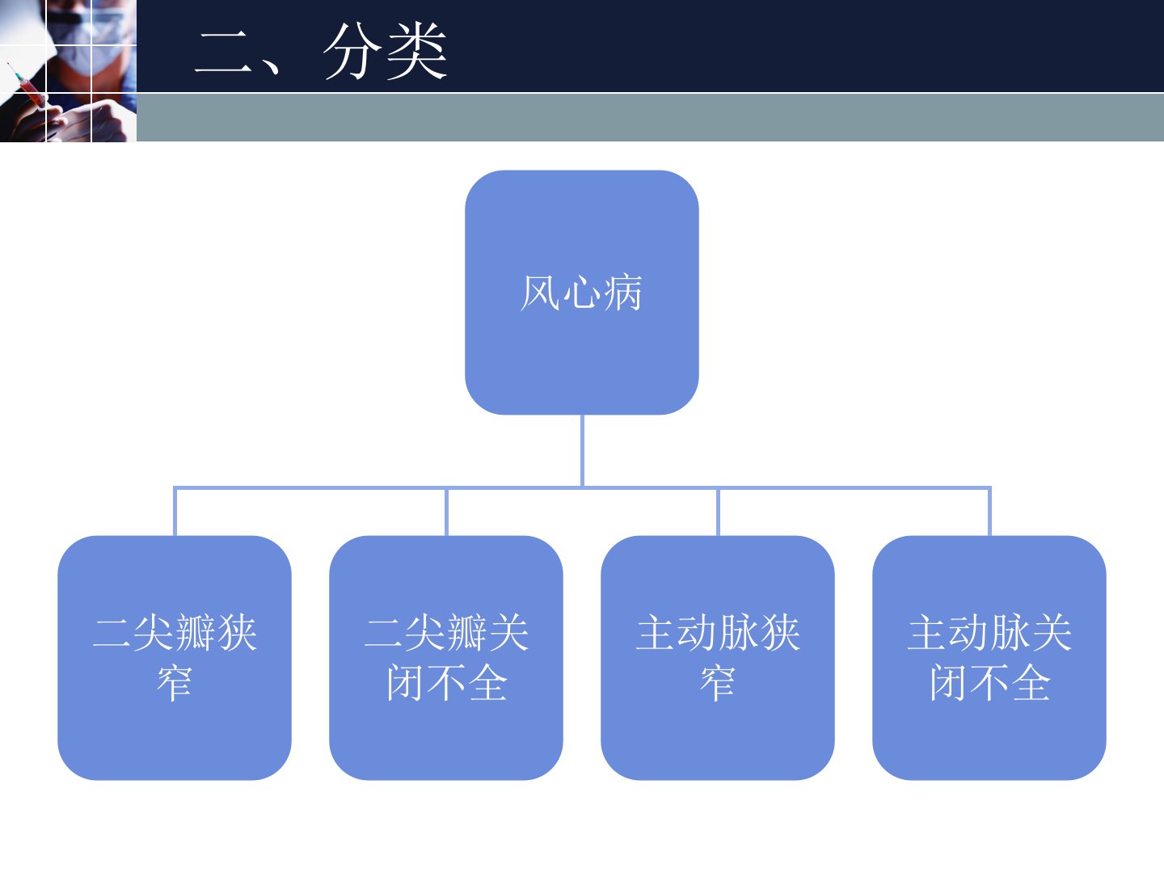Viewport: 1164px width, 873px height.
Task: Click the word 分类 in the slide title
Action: tap(386, 51)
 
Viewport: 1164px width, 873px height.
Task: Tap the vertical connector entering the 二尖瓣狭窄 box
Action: tap(175, 512)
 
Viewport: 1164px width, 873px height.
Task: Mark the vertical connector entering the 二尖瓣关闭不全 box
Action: tap(446, 512)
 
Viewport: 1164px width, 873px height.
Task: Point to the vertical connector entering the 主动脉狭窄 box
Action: tap(718, 512)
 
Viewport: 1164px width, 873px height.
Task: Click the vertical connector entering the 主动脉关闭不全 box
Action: tap(989, 512)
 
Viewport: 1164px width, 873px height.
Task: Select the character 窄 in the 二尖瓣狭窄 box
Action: tap(175, 683)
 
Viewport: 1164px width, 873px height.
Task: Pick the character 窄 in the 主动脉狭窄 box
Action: tap(718, 683)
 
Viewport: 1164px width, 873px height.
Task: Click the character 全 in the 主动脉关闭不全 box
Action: tap(1031, 683)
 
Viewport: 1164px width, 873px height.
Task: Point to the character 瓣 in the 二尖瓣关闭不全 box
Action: tap(467, 633)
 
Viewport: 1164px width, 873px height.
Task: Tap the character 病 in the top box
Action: tap(622, 293)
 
